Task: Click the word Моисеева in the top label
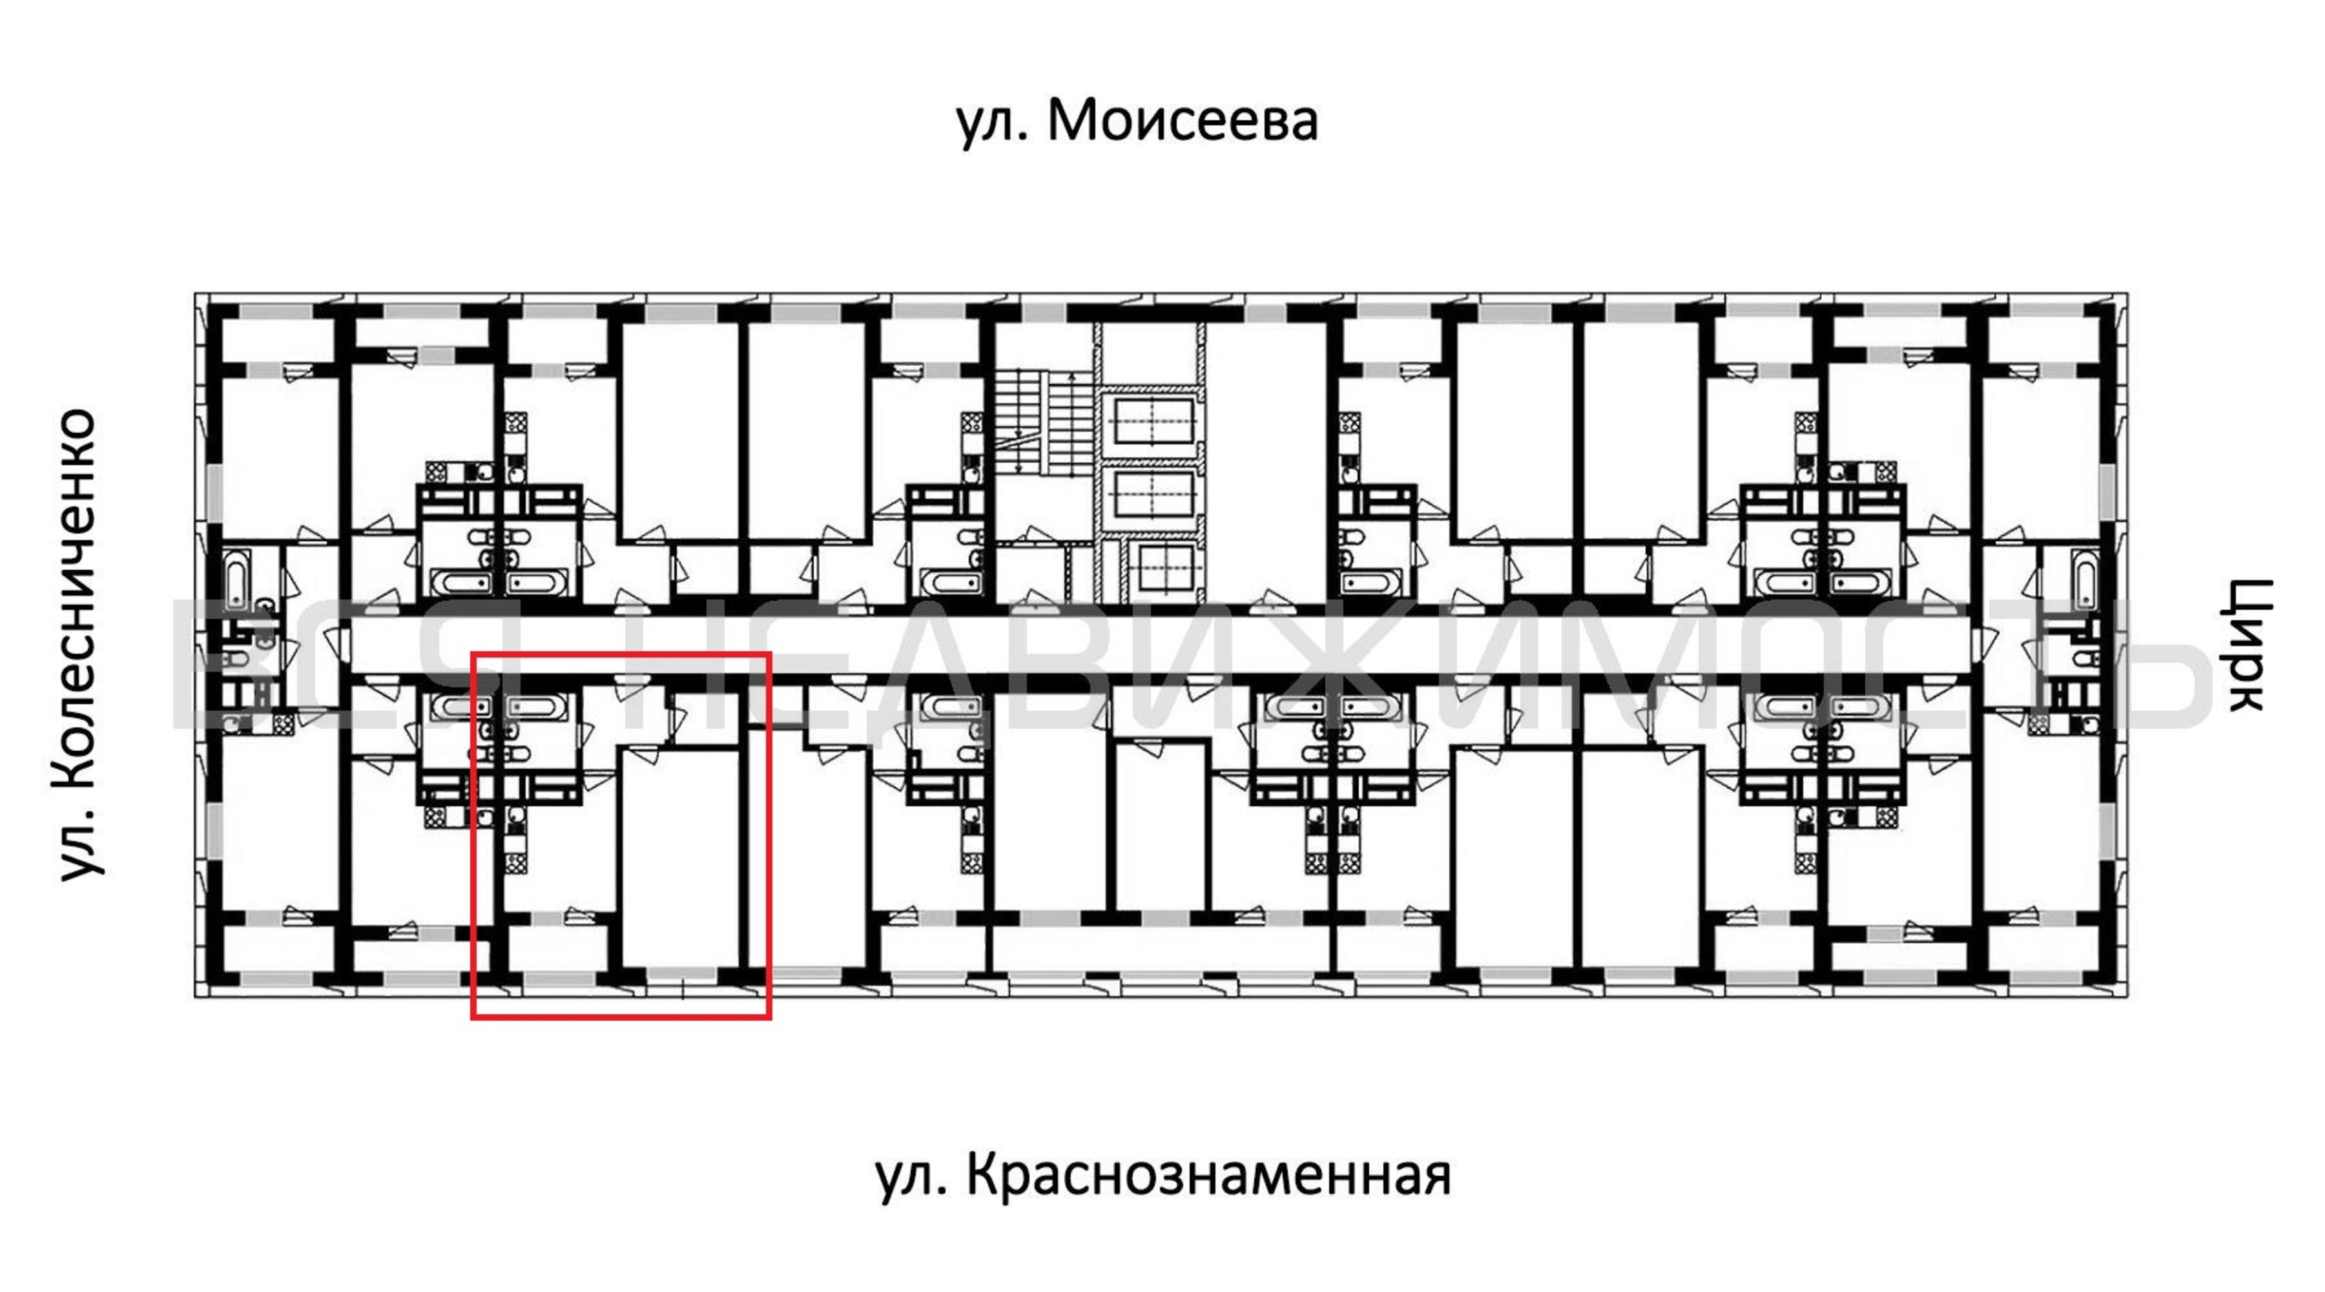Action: (x=1183, y=120)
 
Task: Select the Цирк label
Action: (x=2247, y=645)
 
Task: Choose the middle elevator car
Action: (x=1153, y=495)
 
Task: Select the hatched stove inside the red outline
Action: (x=515, y=863)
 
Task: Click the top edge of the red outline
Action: (x=621, y=654)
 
